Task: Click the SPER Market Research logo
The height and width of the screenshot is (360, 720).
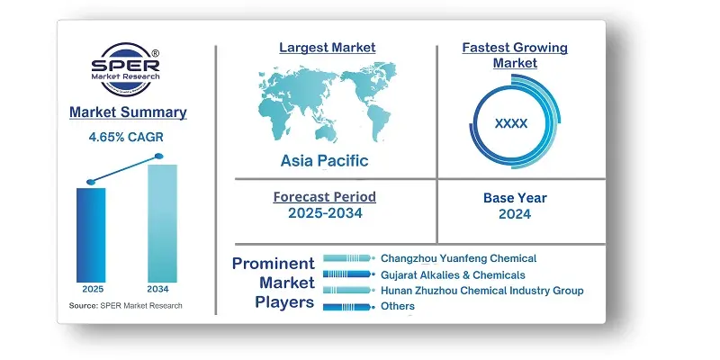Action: [125, 69]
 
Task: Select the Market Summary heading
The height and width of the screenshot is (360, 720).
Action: [128, 112]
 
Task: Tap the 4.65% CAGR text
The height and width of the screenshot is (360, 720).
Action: [126, 137]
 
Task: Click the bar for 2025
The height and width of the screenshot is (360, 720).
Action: [91, 235]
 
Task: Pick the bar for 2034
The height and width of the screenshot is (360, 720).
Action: [162, 223]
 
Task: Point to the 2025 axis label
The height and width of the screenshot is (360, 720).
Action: [93, 289]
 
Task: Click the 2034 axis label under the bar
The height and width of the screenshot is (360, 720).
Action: [158, 289]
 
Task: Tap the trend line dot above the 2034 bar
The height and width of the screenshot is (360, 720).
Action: [159, 156]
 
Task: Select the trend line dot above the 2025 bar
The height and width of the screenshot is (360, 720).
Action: [91, 182]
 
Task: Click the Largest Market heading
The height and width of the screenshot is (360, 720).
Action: [328, 48]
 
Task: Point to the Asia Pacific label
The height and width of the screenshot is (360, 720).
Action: [325, 161]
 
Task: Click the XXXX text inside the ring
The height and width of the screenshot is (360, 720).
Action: [511, 123]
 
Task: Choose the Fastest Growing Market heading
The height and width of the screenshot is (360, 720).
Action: [515, 55]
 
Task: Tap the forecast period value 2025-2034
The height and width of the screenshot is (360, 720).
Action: [325, 213]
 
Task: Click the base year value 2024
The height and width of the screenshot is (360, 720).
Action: [515, 214]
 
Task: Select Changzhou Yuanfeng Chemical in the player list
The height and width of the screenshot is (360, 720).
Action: [459, 258]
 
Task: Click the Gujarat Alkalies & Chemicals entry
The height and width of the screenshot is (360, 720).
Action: [454, 275]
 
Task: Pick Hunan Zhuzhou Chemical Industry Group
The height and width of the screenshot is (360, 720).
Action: [482, 291]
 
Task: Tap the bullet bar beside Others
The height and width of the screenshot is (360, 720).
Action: [347, 307]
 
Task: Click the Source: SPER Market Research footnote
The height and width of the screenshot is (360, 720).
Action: [125, 306]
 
